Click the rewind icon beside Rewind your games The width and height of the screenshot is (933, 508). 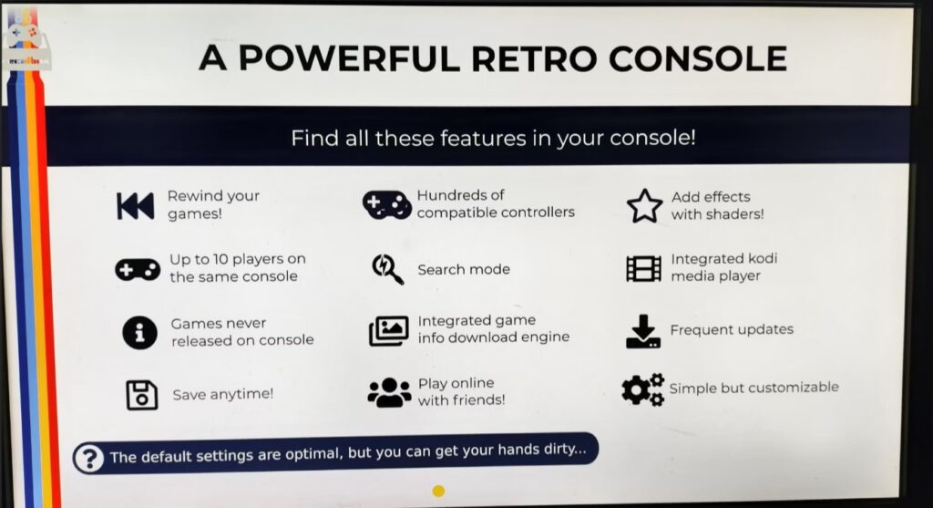click(135, 206)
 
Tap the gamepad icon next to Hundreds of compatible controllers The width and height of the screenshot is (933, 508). click(386, 204)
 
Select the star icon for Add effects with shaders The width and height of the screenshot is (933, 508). click(644, 206)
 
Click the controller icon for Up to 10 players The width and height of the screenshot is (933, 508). click(138, 270)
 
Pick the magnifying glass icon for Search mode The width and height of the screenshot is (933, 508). click(387, 269)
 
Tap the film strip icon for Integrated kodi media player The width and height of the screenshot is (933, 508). click(643, 268)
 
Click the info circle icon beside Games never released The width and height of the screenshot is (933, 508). click(139, 332)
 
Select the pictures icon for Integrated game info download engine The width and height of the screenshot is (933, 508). click(388, 330)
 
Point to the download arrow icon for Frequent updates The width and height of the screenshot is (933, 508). click(643, 331)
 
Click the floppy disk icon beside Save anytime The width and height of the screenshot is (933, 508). click(141, 395)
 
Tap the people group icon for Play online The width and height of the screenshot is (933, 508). click(389, 392)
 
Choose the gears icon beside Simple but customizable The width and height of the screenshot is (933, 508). click(642, 390)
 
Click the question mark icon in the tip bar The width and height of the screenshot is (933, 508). click(89, 459)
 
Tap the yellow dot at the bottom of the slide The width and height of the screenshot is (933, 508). click(438, 491)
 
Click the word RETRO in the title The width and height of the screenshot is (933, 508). click(533, 58)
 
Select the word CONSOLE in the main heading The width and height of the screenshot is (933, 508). click(698, 58)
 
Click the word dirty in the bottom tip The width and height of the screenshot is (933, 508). click(565, 449)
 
